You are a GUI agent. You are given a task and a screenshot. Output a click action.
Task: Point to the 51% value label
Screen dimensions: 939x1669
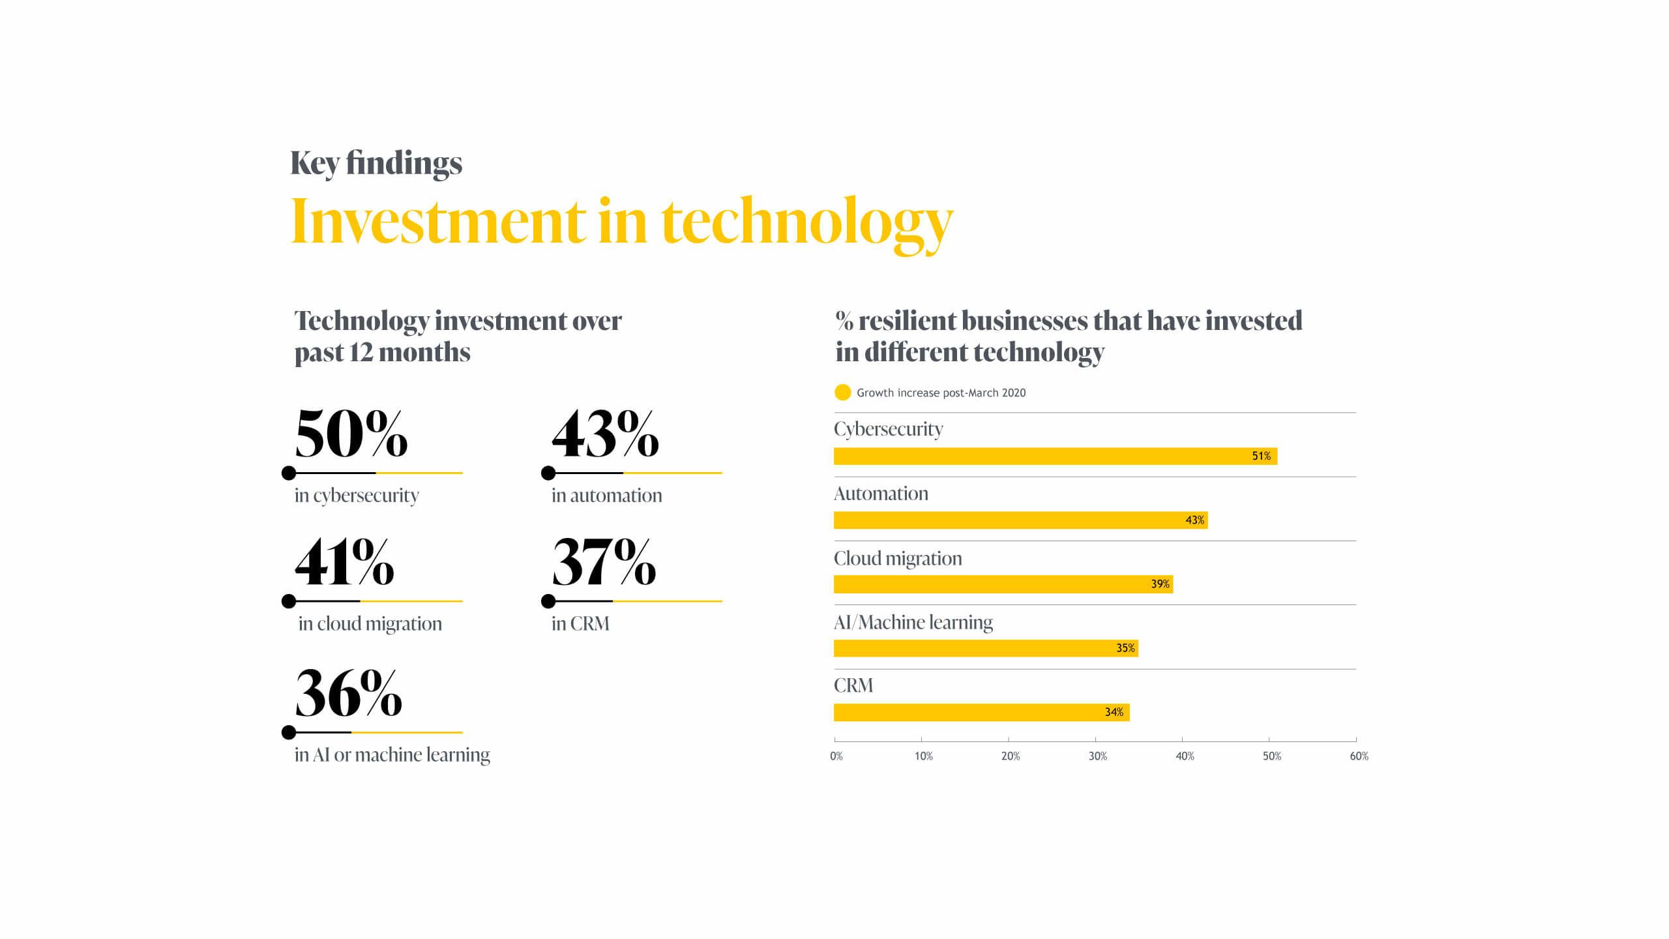coord(1261,456)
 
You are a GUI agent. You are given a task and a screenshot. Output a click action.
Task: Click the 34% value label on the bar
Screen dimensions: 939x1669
coord(1114,712)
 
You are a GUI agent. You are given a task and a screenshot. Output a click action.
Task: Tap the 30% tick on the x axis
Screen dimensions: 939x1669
coord(1097,756)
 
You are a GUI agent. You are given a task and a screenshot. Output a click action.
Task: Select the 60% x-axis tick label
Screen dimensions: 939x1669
coord(1359,756)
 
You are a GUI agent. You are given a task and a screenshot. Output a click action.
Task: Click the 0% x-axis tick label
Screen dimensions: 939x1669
coord(836,756)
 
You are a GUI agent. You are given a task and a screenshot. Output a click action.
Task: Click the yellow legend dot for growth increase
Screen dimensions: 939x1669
coord(842,393)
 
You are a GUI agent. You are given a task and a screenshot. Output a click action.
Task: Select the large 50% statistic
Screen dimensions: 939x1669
coord(351,434)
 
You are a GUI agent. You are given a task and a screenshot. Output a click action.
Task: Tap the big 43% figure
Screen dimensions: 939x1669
coord(605,434)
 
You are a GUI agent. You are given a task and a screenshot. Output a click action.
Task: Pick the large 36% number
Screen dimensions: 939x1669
coord(348,694)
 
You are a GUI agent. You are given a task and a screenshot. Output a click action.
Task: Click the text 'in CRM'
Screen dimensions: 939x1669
coord(580,623)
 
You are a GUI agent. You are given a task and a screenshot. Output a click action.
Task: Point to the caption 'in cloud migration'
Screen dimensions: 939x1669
coord(370,623)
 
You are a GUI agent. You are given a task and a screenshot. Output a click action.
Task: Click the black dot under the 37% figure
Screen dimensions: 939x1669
coord(548,601)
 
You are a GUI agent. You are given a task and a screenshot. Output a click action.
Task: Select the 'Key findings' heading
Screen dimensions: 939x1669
coord(376,163)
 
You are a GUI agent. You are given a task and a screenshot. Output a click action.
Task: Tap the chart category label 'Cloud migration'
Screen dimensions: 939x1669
coord(898,558)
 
